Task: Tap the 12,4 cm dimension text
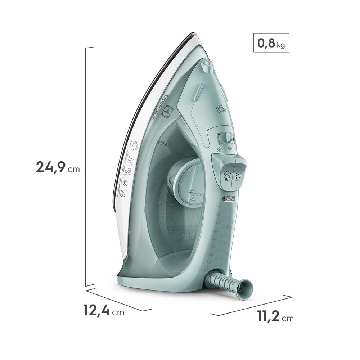pos(104,311)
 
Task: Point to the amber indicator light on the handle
pos(229,198)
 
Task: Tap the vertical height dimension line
pos(86,166)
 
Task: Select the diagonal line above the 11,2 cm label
pos(251,306)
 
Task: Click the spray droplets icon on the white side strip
pos(132,159)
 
